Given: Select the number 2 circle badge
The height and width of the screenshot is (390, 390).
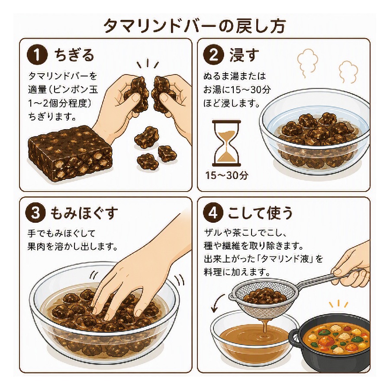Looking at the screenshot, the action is pyautogui.click(x=213, y=55).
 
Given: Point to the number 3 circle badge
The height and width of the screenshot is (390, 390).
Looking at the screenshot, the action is pyautogui.click(x=35, y=213).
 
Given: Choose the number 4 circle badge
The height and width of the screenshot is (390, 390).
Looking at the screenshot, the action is pyautogui.click(x=213, y=213).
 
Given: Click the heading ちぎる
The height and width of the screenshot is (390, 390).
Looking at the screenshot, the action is pyautogui.click(x=74, y=55).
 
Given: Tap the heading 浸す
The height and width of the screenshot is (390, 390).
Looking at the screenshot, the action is pyautogui.click(x=244, y=55).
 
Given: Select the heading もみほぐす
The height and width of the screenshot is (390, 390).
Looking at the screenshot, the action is pyautogui.click(x=84, y=214).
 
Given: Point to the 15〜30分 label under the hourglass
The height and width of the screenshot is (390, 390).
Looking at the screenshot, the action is pyautogui.click(x=226, y=175).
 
